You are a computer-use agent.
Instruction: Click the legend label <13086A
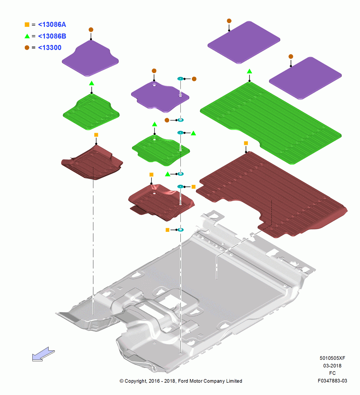coord(52,24)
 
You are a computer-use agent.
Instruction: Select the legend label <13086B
coord(52,36)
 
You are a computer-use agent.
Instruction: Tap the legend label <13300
coord(50,48)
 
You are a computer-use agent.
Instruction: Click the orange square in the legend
coord(27,24)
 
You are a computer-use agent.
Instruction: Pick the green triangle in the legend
coord(27,36)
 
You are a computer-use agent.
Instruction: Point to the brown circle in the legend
coord(27,48)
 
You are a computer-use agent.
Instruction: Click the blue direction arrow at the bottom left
coord(43,354)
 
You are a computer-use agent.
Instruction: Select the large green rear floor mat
coord(271,123)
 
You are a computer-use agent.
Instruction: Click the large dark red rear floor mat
coord(272,194)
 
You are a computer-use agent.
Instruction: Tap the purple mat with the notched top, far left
coord(90,58)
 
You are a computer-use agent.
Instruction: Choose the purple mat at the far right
coord(305,78)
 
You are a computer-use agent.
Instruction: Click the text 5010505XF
coord(332,358)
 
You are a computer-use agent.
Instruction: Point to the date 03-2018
coord(332,365)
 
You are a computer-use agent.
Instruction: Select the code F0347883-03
coord(332,381)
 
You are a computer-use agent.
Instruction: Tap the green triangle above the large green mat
coord(249,71)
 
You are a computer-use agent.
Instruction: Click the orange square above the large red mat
coord(246,143)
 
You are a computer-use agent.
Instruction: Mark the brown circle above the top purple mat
coord(229,21)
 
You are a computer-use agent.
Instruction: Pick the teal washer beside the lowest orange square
coord(180,230)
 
